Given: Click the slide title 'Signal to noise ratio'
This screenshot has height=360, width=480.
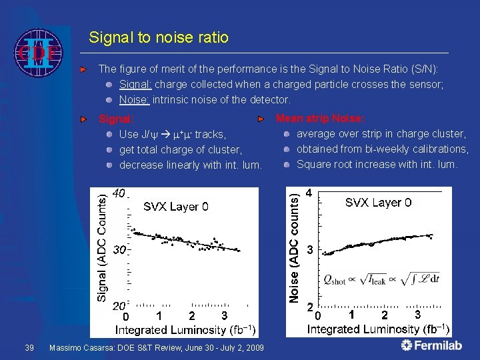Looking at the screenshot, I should click(x=159, y=37).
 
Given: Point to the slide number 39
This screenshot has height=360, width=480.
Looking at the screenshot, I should click(x=29, y=348).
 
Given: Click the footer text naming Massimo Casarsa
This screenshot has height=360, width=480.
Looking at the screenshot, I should click(x=157, y=348).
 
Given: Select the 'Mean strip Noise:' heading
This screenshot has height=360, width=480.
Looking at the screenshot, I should click(x=320, y=119).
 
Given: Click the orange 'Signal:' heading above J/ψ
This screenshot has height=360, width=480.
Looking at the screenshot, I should click(x=117, y=120).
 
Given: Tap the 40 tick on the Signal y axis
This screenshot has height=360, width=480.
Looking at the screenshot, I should click(x=118, y=193).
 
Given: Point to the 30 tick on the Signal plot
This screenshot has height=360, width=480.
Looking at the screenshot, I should click(x=119, y=250).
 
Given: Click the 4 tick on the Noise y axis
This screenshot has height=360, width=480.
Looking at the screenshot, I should click(x=309, y=193).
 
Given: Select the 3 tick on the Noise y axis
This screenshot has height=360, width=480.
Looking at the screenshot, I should click(x=309, y=250).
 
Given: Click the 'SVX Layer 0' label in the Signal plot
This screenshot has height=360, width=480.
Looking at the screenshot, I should click(x=176, y=207).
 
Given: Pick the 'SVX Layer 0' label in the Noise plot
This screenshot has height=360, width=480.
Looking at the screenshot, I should click(x=378, y=202).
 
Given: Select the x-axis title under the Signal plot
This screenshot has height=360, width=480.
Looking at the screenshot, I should click(x=186, y=329).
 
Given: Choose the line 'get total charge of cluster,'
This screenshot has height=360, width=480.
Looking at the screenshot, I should click(x=180, y=149).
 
